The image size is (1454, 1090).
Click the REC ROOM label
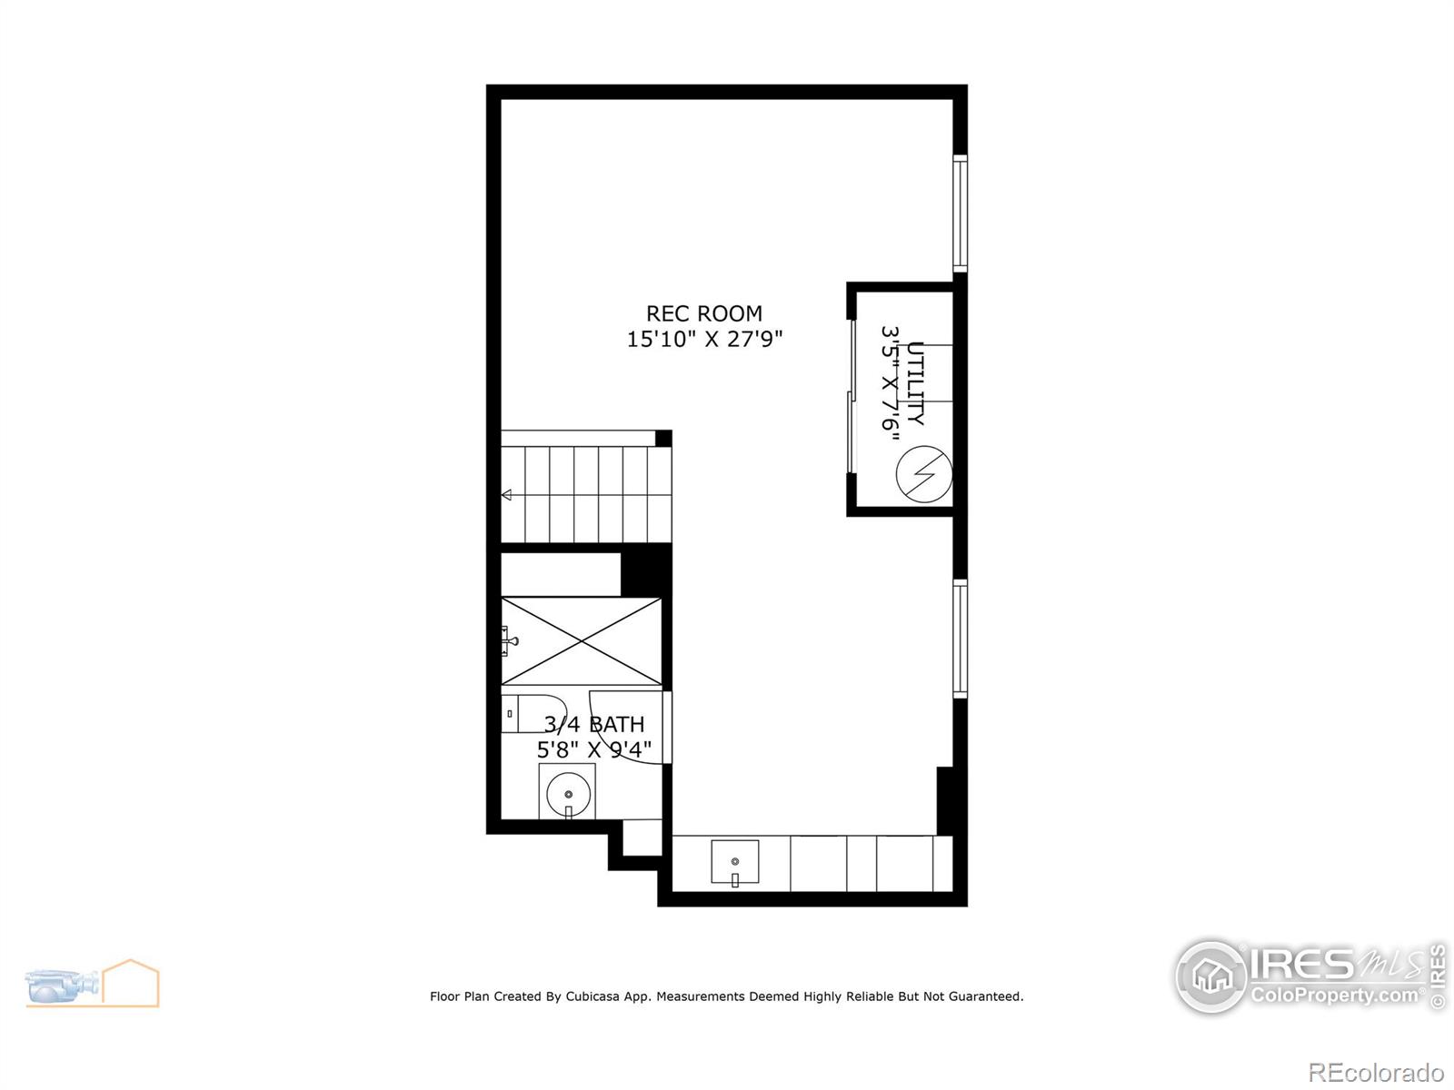(704, 313)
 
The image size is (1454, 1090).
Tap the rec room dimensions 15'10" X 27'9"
(704, 339)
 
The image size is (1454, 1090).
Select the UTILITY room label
(915, 383)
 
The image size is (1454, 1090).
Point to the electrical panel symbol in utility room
(924, 474)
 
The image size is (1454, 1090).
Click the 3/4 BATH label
(593, 725)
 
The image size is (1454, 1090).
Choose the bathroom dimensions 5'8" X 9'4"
(593, 750)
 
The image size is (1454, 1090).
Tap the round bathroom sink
(568, 794)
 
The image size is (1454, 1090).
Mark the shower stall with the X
(581, 640)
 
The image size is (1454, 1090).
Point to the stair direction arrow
(507, 494)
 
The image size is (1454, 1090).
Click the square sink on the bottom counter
(734, 862)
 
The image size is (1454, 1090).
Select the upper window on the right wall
(960, 213)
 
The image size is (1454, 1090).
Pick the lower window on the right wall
(960, 639)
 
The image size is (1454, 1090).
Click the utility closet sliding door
(851, 396)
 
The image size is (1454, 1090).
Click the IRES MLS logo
(1310, 976)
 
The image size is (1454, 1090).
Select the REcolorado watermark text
(1376, 1072)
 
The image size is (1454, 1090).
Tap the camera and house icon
(92, 984)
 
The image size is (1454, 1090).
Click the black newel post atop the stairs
(663, 438)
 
